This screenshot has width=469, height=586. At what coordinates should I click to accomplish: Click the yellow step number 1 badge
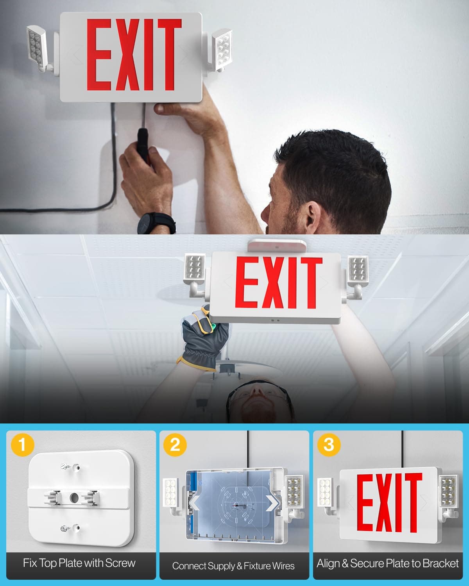(22, 445)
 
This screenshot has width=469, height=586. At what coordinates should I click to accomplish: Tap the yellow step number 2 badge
(175, 445)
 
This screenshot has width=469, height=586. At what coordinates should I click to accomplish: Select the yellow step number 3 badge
(329, 445)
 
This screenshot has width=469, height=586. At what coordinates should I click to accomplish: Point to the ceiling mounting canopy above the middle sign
(277, 245)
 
